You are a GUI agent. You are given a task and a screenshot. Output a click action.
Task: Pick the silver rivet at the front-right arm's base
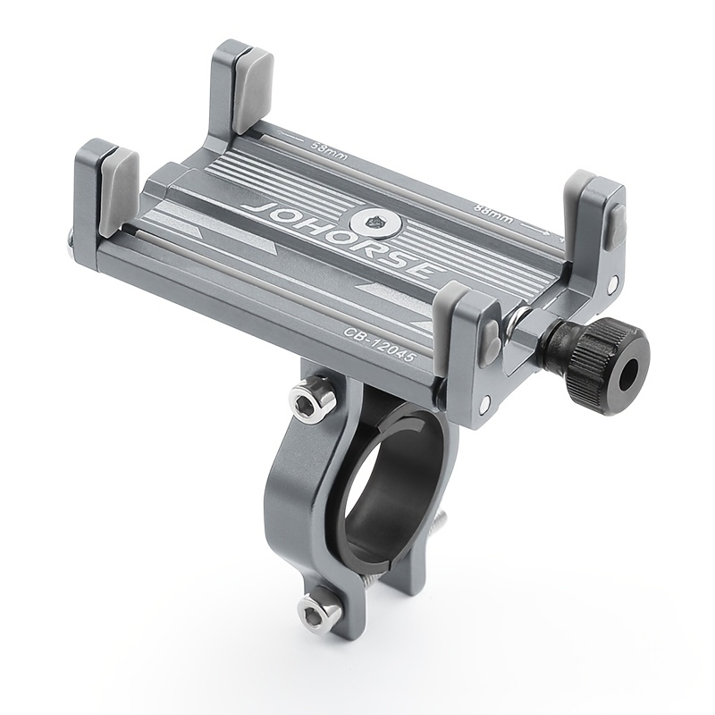[x=484, y=407]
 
